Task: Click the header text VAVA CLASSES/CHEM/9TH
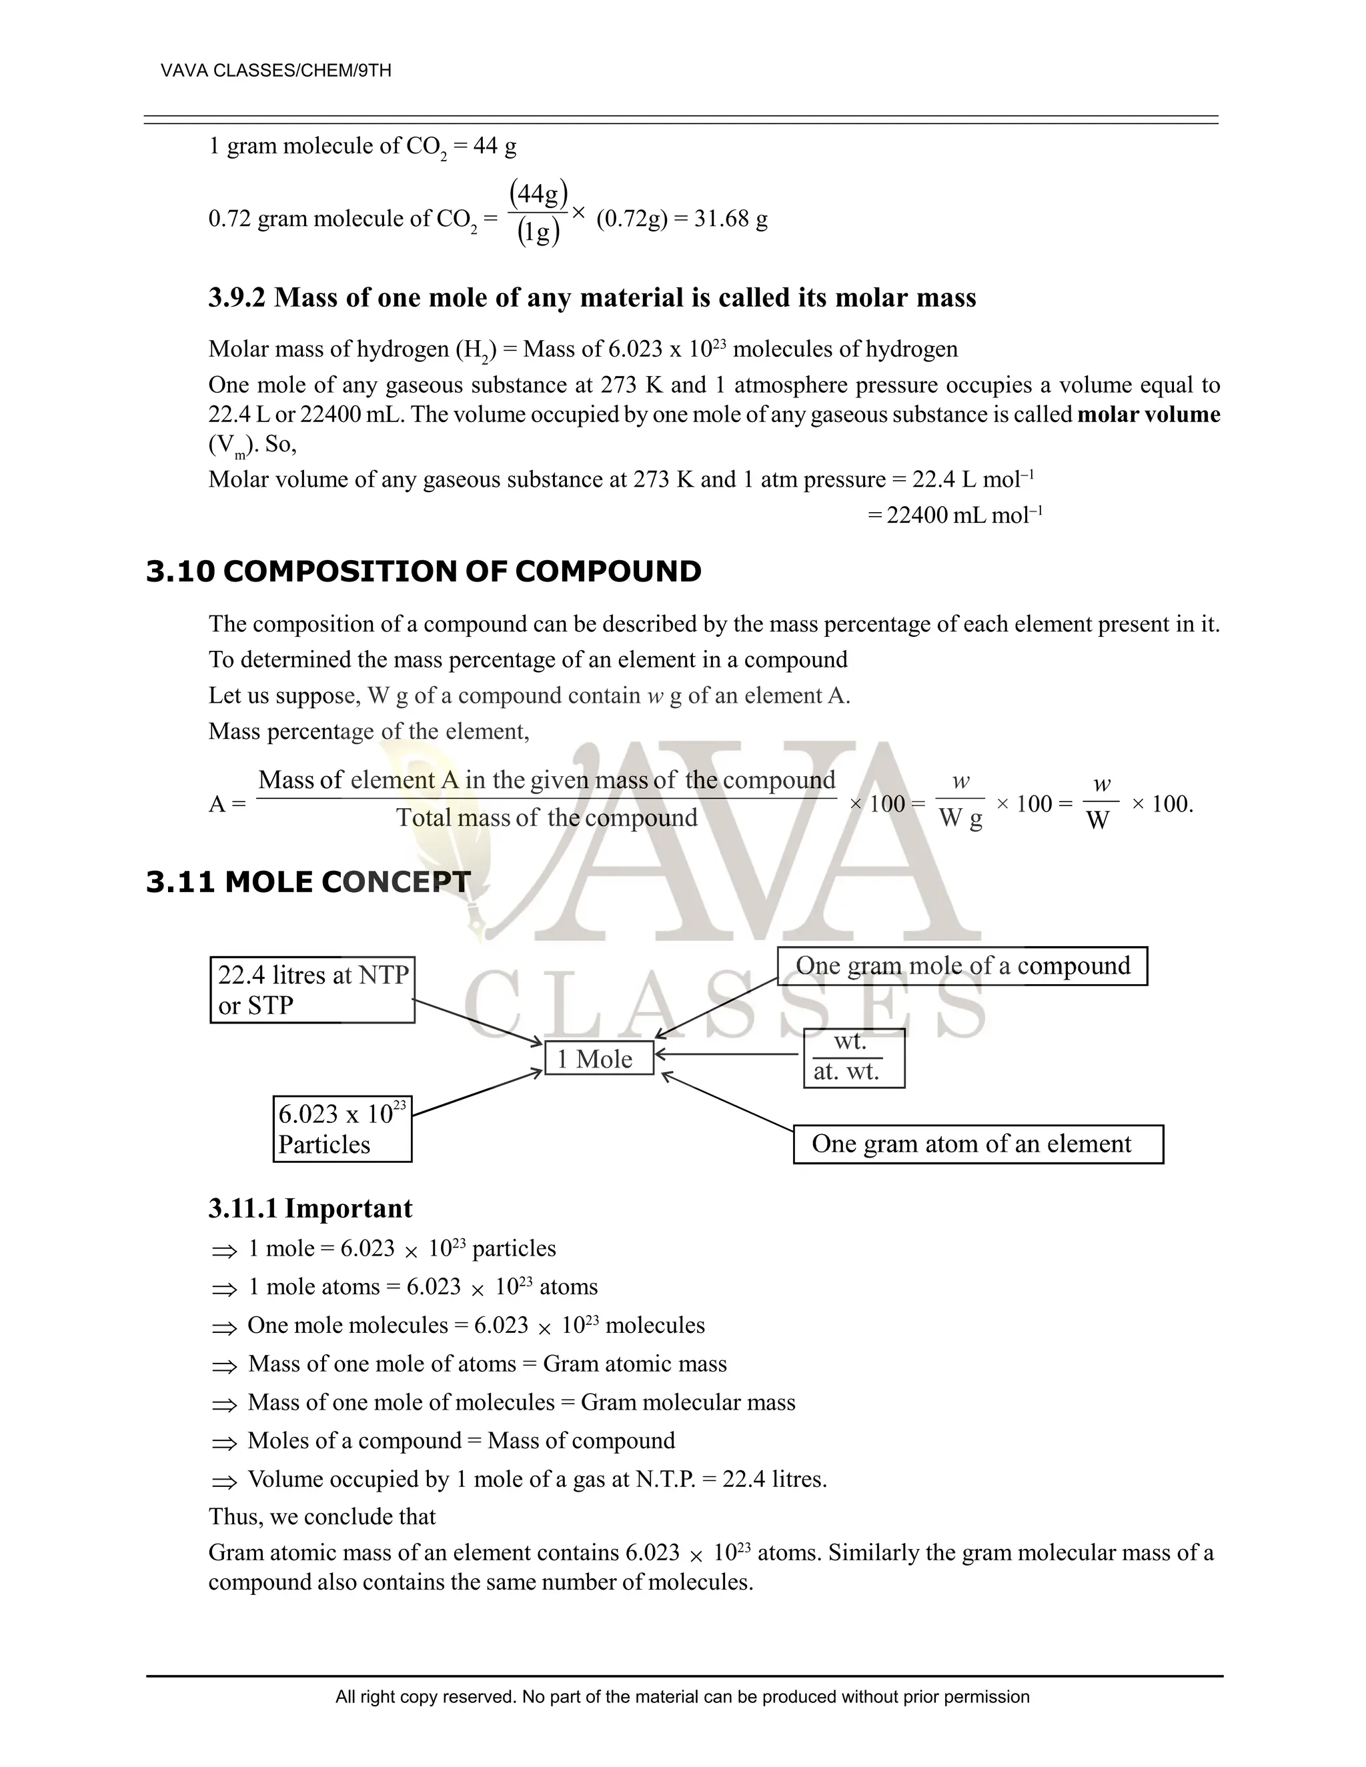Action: tap(276, 71)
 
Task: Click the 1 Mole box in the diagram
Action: tap(599, 1058)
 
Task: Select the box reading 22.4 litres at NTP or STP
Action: tap(312, 990)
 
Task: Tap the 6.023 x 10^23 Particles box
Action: tap(342, 1129)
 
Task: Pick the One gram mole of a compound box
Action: tap(962, 966)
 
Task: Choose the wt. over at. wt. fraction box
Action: tap(854, 1058)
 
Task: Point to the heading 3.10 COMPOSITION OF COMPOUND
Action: tap(424, 571)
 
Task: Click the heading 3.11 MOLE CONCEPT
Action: tap(308, 882)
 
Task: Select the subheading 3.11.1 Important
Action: tap(310, 1208)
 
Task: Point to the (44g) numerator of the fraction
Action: tap(538, 194)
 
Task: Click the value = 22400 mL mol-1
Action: tap(955, 515)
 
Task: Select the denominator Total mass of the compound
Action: tap(546, 818)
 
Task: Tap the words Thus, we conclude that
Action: tap(322, 1516)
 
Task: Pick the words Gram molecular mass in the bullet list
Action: tap(688, 1402)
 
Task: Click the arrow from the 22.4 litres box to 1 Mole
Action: tap(478, 1022)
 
